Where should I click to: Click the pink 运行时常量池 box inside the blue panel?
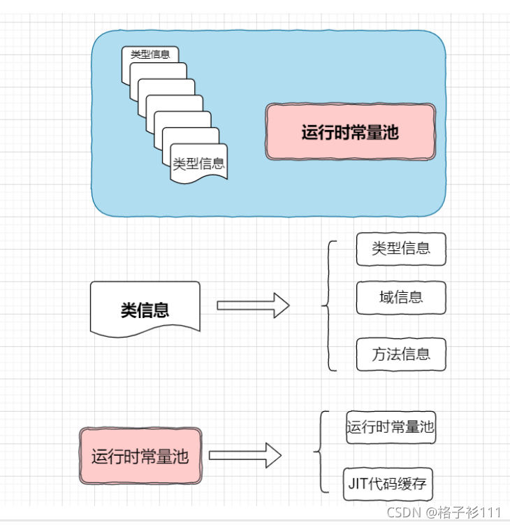(350, 132)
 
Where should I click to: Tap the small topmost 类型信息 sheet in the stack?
(150, 54)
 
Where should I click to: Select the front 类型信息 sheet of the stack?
(198, 164)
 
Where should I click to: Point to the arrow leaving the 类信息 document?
(253, 305)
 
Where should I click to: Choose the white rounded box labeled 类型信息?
(400, 249)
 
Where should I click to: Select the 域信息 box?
(400, 296)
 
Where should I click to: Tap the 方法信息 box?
(400, 354)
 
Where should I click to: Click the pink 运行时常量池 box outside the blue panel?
(140, 457)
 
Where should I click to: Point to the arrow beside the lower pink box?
(245, 456)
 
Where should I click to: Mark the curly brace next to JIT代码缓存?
(321, 452)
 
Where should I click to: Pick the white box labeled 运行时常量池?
(391, 427)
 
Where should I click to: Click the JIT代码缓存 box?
(389, 484)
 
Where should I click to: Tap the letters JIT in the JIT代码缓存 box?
(359, 484)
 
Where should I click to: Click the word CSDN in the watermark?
(403, 513)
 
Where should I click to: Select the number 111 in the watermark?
(491, 513)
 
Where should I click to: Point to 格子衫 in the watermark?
(458, 513)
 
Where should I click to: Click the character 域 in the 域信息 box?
(386, 296)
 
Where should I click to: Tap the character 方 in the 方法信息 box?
(380, 354)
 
